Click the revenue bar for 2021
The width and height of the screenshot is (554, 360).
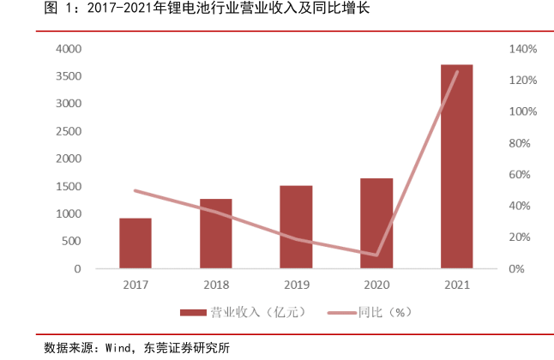457,166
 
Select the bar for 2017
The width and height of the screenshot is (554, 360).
135,243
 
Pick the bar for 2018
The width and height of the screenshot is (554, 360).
216,234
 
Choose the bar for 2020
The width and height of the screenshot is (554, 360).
376,224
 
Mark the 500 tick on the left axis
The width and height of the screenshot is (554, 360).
71,242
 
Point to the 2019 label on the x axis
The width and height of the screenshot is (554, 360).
296,285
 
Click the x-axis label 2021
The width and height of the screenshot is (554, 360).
457,285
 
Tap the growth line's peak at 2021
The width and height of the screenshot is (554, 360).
457,72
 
